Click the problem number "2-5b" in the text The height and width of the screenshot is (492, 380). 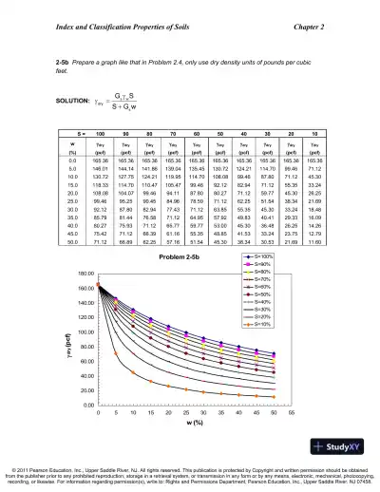(x=39, y=61)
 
